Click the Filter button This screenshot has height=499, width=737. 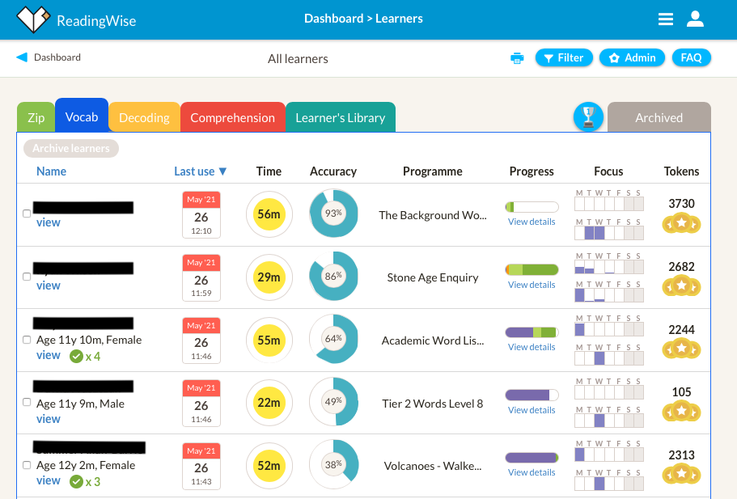tap(564, 57)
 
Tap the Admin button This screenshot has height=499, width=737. tap(633, 57)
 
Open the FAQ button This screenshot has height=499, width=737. tap(691, 57)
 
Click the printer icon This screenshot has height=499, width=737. tap(517, 58)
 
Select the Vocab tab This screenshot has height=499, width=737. tap(82, 116)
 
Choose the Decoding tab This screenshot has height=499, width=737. tap(144, 117)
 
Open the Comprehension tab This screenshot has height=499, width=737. tap(232, 117)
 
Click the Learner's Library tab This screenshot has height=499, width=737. tap(340, 117)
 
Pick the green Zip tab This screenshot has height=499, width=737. tap(36, 117)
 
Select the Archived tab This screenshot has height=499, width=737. tap(659, 117)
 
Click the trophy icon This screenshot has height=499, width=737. tap(589, 117)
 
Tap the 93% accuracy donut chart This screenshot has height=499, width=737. tap(333, 214)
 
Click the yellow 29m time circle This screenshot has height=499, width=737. tap(269, 277)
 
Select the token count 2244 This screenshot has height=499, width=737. tap(681, 329)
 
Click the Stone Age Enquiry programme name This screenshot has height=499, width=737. tap(433, 277)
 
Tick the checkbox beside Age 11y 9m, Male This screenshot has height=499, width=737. tap(28, 403)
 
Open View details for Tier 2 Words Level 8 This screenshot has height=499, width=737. tap(532, 410)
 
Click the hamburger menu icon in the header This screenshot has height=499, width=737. tap(666, 19)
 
